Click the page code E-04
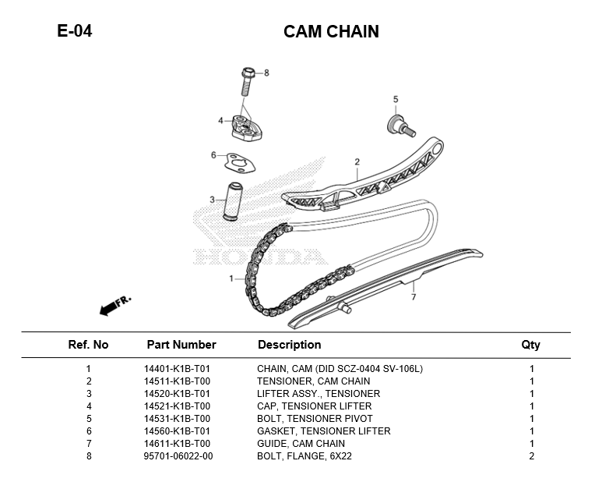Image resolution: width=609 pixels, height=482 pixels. click(x=75, y=32)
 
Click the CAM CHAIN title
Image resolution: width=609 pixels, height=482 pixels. click(x=331, y=32)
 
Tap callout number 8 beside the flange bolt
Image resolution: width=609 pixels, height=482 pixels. click(x=266, y=73)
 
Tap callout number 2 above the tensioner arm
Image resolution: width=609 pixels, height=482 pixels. click(x=357, y=162)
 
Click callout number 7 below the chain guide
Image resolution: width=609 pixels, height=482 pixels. click(x=414, y=297)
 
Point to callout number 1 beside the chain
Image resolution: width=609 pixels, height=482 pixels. click(x=231, y=278)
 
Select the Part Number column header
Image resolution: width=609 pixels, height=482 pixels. click(x=181, y=345)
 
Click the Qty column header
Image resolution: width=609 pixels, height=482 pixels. click(x=530, y=345)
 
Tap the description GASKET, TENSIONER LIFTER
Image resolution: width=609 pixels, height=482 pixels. click(x=324, y=431)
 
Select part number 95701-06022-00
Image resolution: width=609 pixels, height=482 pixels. click(x=178, y=456)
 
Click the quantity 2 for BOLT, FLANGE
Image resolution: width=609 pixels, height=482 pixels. click(x=531, y=456)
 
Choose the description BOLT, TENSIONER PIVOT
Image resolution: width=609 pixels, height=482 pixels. click(x=315, y=419)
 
